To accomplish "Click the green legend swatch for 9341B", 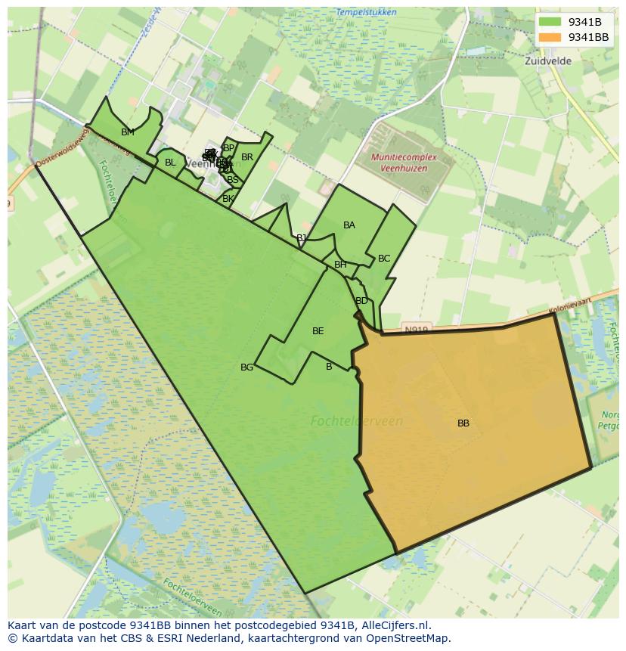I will tap(550, 22).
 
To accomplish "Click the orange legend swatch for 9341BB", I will tap(550, 37).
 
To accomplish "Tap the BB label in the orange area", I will tap(463, 423).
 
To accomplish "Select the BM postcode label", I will tap(128, 132).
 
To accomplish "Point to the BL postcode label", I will tap(170, 163).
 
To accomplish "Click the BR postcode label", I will tap(247, 157).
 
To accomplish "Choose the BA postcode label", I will tap(349, 225).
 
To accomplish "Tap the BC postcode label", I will tap(384, 259).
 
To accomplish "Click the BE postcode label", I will tap(318, 331).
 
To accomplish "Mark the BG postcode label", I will tap(247, 367).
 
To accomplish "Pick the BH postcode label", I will tap(340, 265).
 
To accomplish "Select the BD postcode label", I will tap(361, 301).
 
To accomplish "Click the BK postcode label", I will tap(228, 199).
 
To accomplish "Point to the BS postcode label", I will tap(233, 180).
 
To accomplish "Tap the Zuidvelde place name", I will tap(547, 61).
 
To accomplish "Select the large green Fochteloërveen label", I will tap(357, 421).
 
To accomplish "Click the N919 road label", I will tap(416, 330).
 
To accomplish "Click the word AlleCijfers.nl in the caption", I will tap(393, 625).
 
